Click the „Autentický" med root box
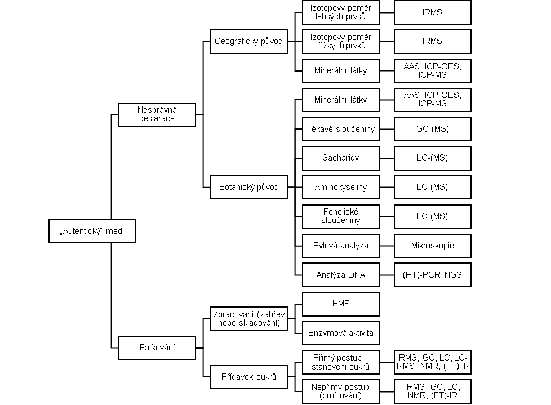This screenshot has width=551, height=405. (x=92, y=231)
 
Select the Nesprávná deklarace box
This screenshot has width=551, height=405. (x=157, y=114)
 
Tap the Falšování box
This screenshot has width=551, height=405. (x=157, y=348)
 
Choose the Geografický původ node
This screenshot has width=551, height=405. (x=249, y=42)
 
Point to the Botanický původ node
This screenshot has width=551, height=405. (x=249, y=187)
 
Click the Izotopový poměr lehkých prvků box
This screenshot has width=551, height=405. (x=341, y=12)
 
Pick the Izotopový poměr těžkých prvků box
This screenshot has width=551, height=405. (x=341, y=42)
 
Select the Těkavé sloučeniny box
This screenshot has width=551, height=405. (x=341, y=129)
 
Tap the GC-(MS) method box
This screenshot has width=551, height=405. (x=433, y=129)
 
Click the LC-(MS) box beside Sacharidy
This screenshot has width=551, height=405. (x=433, y=158)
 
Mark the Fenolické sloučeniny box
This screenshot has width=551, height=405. (x=341, y=216)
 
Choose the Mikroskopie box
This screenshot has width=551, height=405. (x=433, y=246)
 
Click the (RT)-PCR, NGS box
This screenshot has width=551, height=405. (x=433, y=275)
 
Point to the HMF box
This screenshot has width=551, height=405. (x=341, y=304)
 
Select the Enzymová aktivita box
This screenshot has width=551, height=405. (x=341, y=333)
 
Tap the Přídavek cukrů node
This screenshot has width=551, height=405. (x=249, y=377)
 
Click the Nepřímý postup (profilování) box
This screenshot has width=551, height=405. (x=341, y=391)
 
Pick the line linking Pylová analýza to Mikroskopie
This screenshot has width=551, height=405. (x=386, y=246)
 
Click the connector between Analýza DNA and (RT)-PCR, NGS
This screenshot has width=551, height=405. (x=386, y=275)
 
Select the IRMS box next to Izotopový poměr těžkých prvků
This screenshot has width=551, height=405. (x=433, y=42)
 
